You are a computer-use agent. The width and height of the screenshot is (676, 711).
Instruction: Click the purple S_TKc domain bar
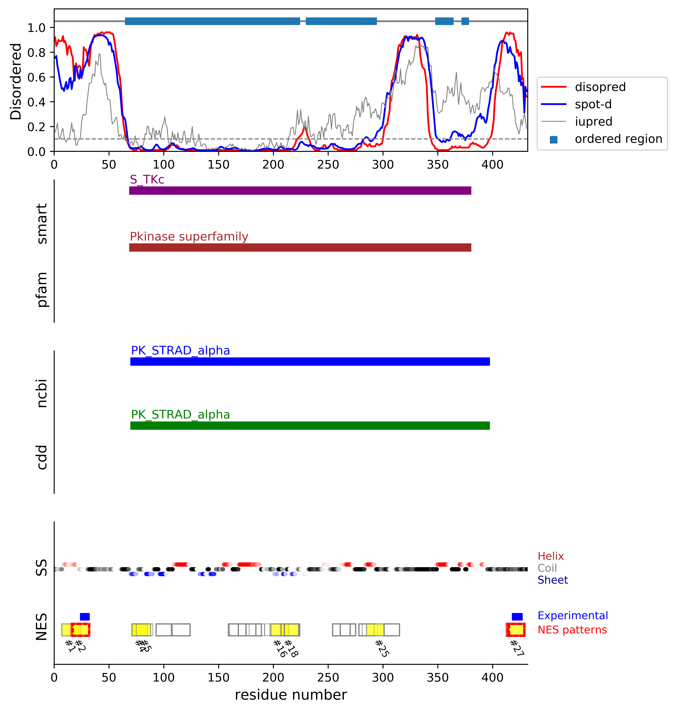tap(300, 190)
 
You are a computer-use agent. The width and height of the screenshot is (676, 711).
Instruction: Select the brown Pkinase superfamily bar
tap(300, 247)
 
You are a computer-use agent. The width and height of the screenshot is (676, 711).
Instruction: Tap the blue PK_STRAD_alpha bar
tap(310, 361)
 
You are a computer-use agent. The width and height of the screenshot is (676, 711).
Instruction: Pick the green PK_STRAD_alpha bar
tap(310, 425)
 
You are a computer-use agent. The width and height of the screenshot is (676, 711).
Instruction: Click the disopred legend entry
tap(600, 87)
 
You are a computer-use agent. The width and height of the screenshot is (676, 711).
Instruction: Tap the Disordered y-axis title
tap(16, 82)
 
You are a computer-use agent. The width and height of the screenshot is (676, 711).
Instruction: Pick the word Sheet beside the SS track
tap(552, 580)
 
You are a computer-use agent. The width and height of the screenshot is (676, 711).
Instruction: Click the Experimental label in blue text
tap(573, 615)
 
